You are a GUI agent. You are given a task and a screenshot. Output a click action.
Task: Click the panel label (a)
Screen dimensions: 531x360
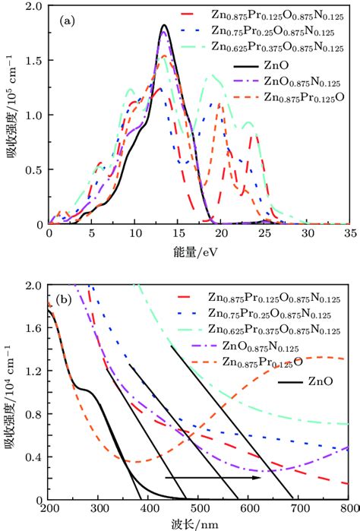tap(65, 22)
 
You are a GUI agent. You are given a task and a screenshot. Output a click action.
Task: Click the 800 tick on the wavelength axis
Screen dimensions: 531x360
tap(348, 508)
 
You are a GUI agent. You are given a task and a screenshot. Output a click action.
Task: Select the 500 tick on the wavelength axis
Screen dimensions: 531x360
tap(198, 508)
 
